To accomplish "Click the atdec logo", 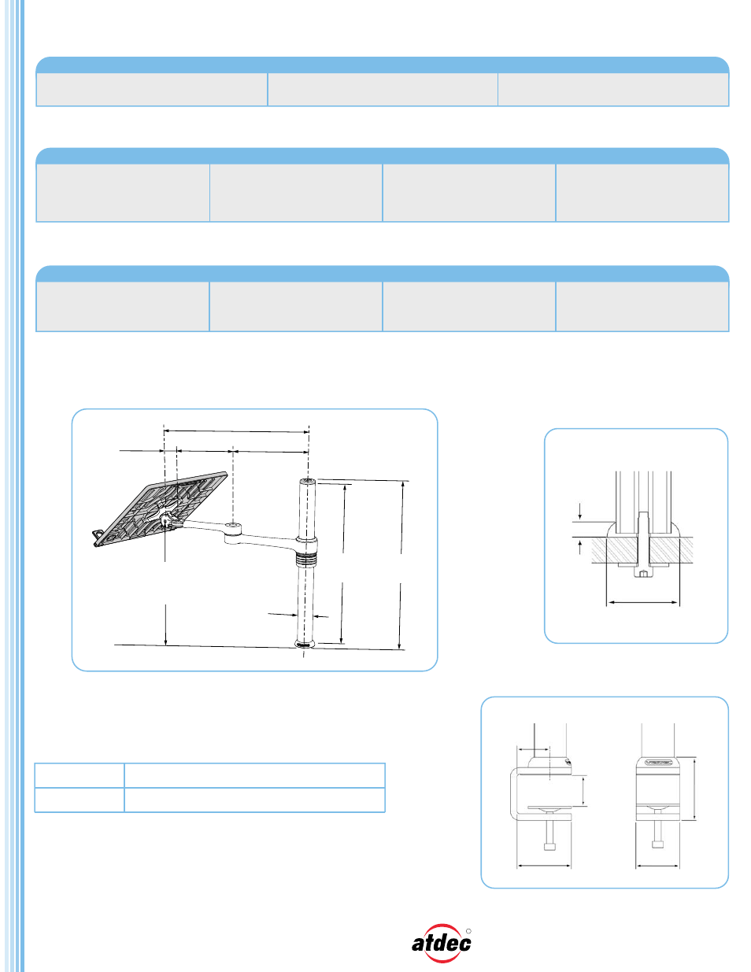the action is (x=441, y=943).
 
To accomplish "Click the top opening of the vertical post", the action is (x=307, y=482).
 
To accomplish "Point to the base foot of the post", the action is (x=305, y=644).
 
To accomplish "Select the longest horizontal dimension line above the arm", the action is (x=236, y=431).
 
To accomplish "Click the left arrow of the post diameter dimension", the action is (x=283, y=615).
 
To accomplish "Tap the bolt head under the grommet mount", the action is (x=642, y=574).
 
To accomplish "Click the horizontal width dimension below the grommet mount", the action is (x=642, y=603).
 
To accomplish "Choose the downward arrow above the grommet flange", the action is (x=579, y=512).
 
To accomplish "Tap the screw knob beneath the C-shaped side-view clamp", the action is (x=549, y=845).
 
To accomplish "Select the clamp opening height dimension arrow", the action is (x=583, y=791).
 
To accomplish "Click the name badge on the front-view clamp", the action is (x=658, y=761).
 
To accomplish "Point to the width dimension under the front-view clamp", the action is (x=657, y=866).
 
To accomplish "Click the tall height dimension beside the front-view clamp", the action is (x=694, y=789).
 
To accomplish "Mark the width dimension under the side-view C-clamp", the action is (x=544, y=866).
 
